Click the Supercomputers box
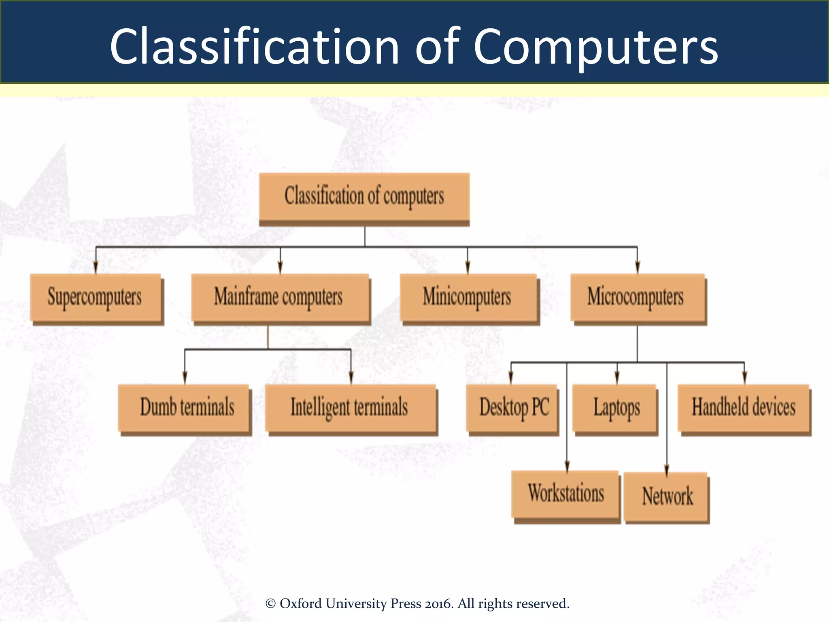tap(96, 298)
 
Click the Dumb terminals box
tap(184, 408)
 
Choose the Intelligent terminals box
tap(351, 408)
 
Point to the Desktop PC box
tap(512, 408)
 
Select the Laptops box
tap(615, 408)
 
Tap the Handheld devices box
tap(744, 408)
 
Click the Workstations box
tap(565, 494)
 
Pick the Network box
tap(666, 496)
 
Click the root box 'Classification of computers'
tap(364, 197)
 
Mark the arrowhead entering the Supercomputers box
tap(96, 268)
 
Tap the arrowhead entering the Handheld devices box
tap(744, 378)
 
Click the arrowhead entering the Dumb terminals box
tap(185, 378)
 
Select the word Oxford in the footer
tap(301, 603)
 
